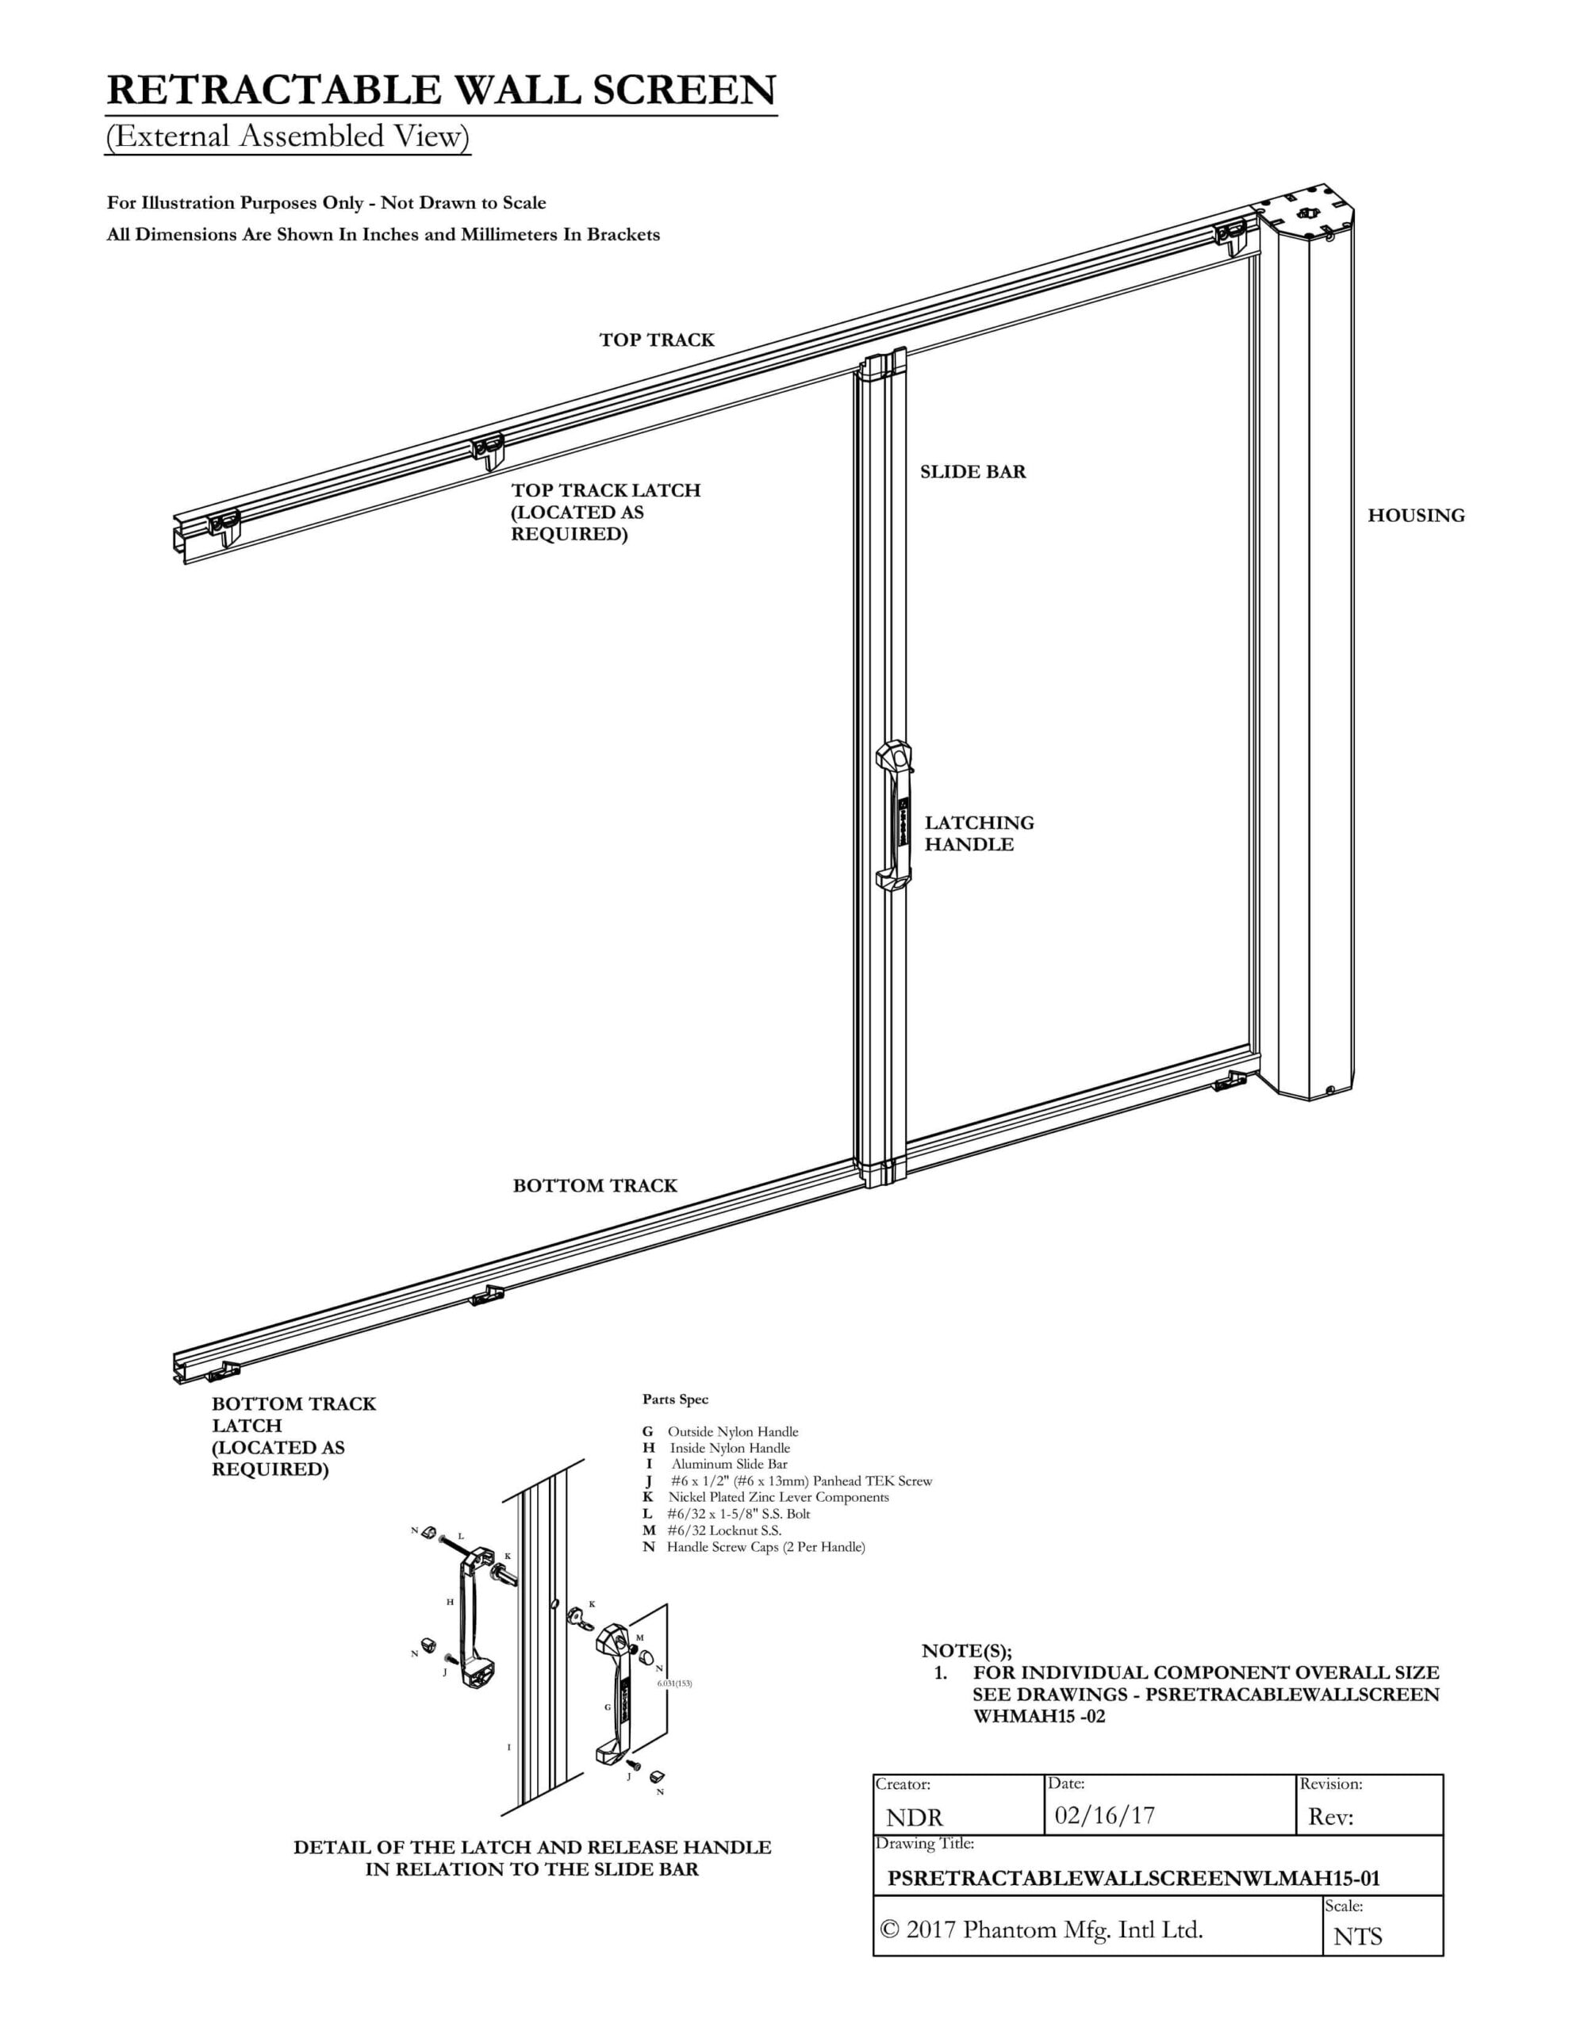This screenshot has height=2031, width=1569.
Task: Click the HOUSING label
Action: [x=1416, y=515]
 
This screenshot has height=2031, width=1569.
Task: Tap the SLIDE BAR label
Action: [x=972, y=471]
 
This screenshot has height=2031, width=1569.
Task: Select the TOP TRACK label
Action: [x=657, y=340]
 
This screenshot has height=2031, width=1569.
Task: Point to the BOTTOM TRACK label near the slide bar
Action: [x=595, y=1186]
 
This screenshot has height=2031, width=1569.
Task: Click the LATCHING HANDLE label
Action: [x=978, y=833]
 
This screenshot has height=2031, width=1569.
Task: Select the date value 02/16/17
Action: [x=1104, y=1814]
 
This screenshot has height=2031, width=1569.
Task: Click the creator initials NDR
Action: [x=915, y=1818]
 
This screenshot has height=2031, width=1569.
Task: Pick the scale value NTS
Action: [x=1358, y=1936]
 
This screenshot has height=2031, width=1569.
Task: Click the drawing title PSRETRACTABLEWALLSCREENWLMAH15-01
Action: [x=1134, y=1878]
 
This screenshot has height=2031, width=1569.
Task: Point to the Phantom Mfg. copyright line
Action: [x=1042, y=1929]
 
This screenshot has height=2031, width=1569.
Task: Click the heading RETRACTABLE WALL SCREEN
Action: [x=441, y=90]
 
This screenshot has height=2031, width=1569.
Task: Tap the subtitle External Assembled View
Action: [x=287, y=136]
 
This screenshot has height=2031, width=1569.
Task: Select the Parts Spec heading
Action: [x=675, y=1399]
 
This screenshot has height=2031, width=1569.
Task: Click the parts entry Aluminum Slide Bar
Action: [x=729, y=1464]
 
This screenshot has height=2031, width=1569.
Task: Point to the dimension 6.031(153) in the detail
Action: [x=674, y=1684]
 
